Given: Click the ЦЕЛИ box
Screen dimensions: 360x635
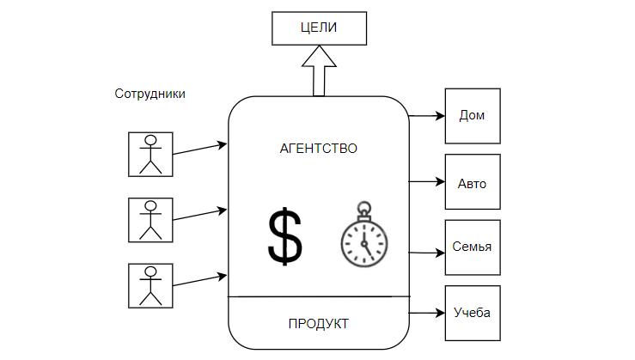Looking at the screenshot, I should click(319, 28).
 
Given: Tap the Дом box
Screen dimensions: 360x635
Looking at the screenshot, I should click(471, 115).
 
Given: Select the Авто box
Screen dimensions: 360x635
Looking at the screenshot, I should click(471, 182).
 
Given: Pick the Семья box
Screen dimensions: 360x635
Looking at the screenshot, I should click(471, 247).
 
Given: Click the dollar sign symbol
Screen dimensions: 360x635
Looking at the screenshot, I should click(285, 236).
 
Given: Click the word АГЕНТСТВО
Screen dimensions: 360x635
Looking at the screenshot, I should click(319, 148).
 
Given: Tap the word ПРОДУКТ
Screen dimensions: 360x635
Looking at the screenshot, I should click(319, 323).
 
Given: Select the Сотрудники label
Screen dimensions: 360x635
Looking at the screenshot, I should click(150, 93).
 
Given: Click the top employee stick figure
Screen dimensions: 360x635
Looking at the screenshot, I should click(150, 154).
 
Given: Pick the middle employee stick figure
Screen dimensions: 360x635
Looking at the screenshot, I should click(150, 220).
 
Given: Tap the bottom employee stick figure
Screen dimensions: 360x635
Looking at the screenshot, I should click(150, 285).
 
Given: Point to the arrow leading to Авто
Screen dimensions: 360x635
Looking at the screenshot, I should click(426, 182).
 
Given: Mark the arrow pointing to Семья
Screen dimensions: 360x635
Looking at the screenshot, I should click(426, 253).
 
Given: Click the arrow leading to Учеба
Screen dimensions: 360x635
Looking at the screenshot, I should click(426, 313).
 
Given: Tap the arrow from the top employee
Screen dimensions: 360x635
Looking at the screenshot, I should click(200, 149).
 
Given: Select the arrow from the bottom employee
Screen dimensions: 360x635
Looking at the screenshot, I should click(200, 280).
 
